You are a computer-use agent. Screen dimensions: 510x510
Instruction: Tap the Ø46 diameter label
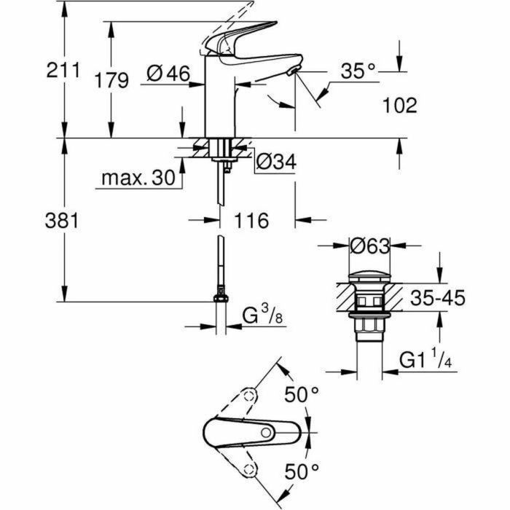[x=168, y=74]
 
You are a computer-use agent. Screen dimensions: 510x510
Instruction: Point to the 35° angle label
[x=358, y=71]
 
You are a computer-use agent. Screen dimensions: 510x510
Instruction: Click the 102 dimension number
[x=399, y=106]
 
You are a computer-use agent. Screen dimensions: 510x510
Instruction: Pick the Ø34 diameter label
[x=276, y=163]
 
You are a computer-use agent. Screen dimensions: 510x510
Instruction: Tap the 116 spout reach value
[x=252, y=219]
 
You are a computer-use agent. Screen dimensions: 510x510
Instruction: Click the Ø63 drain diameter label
[x=370, y=246]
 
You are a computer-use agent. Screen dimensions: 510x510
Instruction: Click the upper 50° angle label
[x=302, y=396]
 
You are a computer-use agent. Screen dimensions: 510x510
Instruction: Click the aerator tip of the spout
[x=293, y=71]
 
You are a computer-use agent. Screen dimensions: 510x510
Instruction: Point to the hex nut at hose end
[x=219, y=298]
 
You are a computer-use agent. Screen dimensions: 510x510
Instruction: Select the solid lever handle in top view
[x=240, y=433]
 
